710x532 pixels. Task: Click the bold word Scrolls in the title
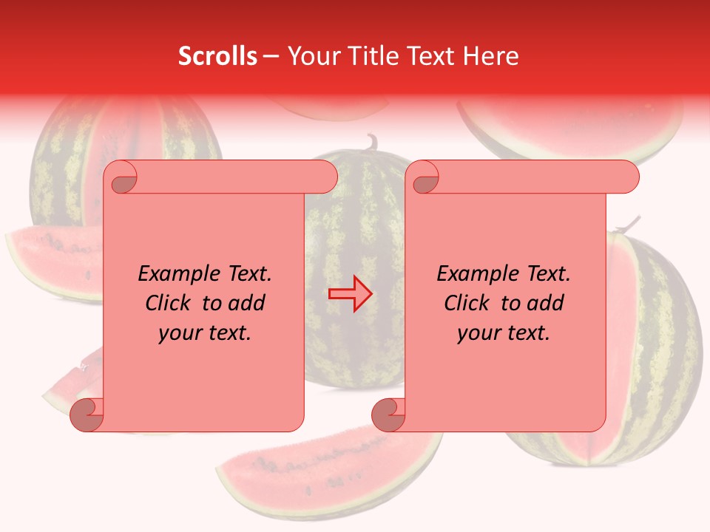pyautogui.click(x=217, y=56)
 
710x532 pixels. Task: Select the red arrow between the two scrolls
pyautogui.click(x=350, y=294)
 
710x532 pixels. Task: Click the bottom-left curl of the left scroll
pyautogui.click(x=87, y=415)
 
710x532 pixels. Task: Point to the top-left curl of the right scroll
pyautogui.click(x=424, y=178)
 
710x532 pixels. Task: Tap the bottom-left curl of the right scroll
pyautogui.click(x=388, y=415)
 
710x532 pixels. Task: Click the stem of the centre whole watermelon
pyautogui.click(x=371, y=141)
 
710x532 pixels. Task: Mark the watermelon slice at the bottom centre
pyautogui.click(x=325, y=473)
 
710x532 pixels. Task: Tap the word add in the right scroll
pyautogui.click(x=546, y=303)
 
